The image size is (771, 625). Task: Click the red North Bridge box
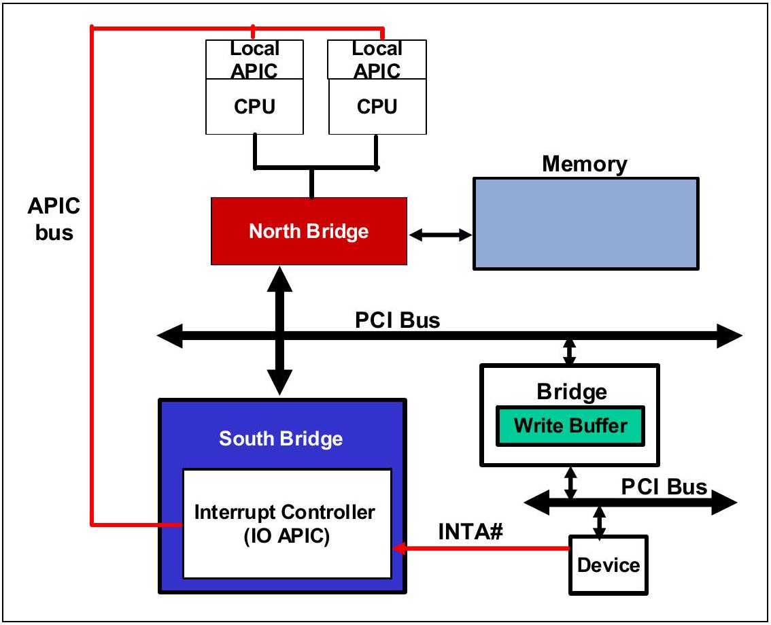tap(309, 231)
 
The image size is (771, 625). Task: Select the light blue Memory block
tap(585, 224)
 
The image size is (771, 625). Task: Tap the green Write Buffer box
tap(570, 426)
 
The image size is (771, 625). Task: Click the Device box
tap(609, 565)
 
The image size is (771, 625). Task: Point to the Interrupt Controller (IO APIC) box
tap(287, 524)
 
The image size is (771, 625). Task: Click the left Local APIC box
tap(254, 59)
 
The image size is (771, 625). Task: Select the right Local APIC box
tap(377, 59)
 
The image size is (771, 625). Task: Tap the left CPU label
tap(254, 107)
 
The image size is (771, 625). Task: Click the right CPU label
tap(377, 107)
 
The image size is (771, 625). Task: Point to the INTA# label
tap(470, 532)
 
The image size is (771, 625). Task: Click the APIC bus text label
tap(54, 219)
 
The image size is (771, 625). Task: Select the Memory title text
tap(585, 164)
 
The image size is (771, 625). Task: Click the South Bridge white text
tap(281, 439)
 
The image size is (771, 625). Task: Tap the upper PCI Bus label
tap(397, 320)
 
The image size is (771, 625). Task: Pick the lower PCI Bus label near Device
tap(664, 487)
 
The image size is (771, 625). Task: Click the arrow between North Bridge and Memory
tap(440, 235)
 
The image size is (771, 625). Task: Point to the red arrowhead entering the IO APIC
tap(399, 547)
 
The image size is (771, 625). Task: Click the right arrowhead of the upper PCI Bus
tap(730, 336)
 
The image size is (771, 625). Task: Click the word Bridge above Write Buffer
tap(572, 392)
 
